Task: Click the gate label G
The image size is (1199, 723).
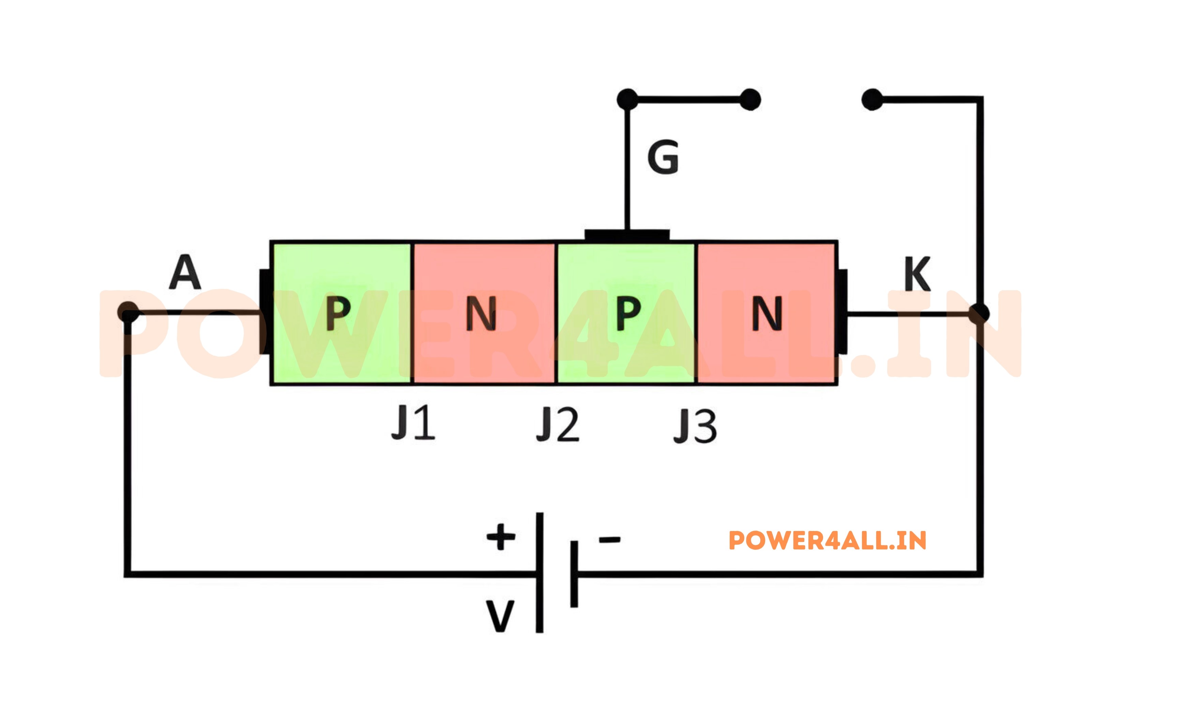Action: tap(663, 157)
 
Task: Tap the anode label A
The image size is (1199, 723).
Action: tap(185, 272)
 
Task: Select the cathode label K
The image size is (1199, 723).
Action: tap(917, 274)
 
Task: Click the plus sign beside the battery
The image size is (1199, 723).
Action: tap(501, 537)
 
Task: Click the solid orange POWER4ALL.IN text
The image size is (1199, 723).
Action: tap(827, 541)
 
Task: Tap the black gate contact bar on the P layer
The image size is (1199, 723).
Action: tap(627, 235)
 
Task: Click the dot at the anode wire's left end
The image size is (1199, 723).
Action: tap(128, 312)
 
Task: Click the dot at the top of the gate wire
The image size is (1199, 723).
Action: tap(627, 99)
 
